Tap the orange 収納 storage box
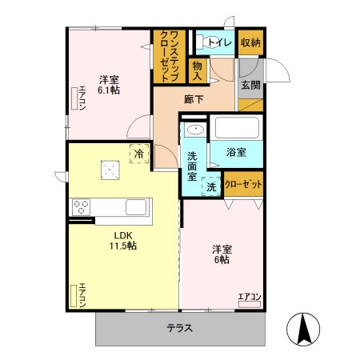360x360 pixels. coord(250,42)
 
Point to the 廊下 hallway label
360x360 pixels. coord(194,100)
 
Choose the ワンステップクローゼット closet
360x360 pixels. coord(169,55)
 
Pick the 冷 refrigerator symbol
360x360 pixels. coord(139,153)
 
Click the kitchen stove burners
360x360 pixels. coord(82,206)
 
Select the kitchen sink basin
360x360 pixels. coord(136,207)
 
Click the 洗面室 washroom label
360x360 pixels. coord(193,166)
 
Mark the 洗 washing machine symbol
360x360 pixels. coord(211,186)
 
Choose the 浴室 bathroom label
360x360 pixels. coord(235,150)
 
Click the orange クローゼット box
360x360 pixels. coord(243,185)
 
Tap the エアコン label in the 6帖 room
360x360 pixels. coord(250,298)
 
